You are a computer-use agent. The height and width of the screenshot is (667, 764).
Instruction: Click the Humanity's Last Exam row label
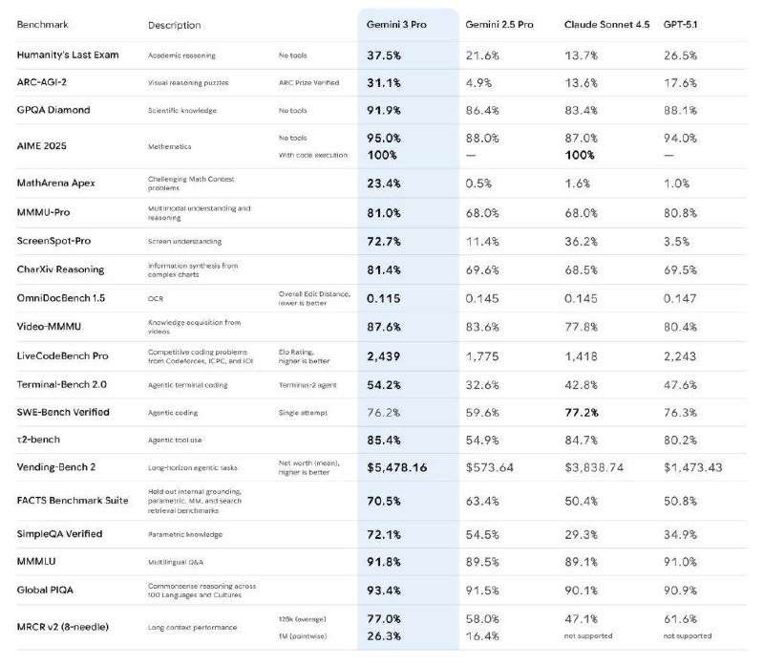68,55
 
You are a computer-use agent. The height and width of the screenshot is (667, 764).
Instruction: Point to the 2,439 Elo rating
384,356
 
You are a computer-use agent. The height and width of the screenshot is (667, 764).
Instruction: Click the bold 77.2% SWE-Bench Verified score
584,412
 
